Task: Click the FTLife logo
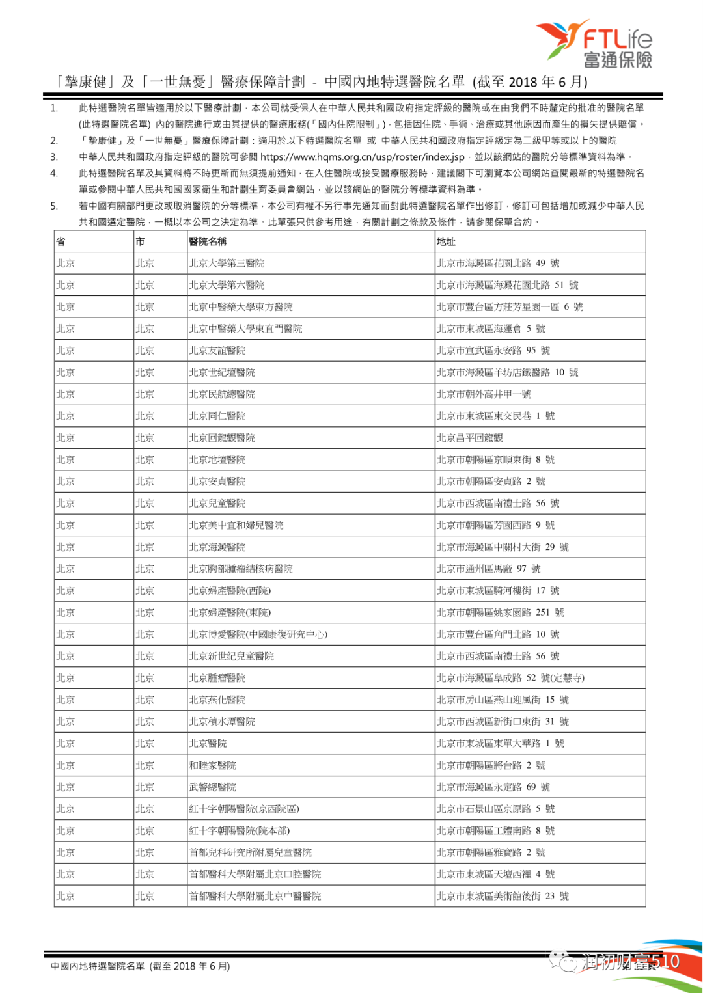pos(594,44)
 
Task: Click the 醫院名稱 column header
pos(208,241)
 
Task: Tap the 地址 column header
pos(446,241)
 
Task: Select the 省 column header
pos(61,241)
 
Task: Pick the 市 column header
pos(140,241)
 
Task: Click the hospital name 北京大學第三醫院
pos(227,264)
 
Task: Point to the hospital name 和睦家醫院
pos(213,765)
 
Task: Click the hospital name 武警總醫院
pos(213,787)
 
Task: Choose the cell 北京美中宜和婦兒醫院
pos(236,525)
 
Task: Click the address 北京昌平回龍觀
pos(469,438)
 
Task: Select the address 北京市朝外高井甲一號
pos(484,394)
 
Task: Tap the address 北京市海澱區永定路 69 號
pos(493,787)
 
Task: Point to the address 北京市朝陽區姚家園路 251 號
pos(501,612)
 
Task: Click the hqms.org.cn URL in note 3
pos(363,157)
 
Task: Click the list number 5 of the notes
pos(55,206)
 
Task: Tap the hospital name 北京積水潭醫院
pos(222,722)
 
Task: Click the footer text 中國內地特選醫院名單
pos(98,966)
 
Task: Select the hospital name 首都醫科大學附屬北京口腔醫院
pos(255,875)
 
